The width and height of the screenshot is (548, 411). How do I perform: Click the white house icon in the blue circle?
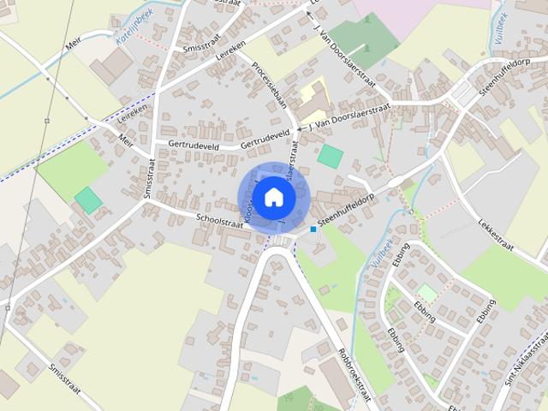point(273,197)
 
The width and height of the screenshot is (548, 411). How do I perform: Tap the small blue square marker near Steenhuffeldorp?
point(314,229)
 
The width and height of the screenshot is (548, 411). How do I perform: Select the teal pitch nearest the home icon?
point(330,157)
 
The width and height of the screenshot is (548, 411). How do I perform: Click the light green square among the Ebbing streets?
point(426,293)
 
